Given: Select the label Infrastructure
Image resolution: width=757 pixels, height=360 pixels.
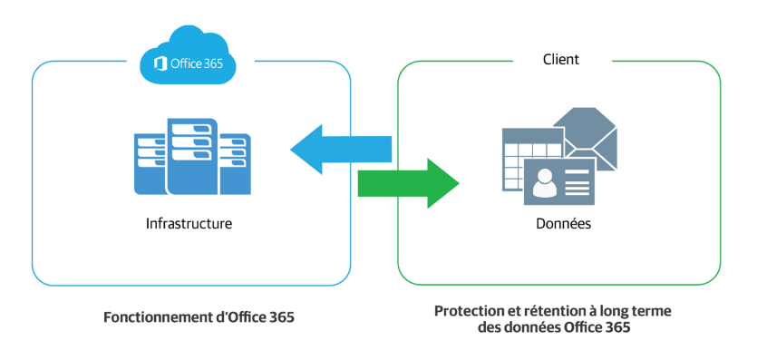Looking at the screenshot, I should pyautogui.click(x=189, y=222).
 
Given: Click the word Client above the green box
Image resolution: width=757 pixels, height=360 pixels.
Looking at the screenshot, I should pyautogui.click(x=560, y=60).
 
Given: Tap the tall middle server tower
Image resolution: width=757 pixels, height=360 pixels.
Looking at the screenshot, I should pyautogui.click(x=191, y=156).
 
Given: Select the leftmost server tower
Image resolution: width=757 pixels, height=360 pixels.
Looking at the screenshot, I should pyautogui.click(x=150, y=163).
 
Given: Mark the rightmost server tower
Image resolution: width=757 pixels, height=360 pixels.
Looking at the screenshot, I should pyautogui.click(x=235, y=163).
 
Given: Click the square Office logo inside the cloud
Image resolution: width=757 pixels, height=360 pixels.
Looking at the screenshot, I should pyautogui.click(x=160, y=63).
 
